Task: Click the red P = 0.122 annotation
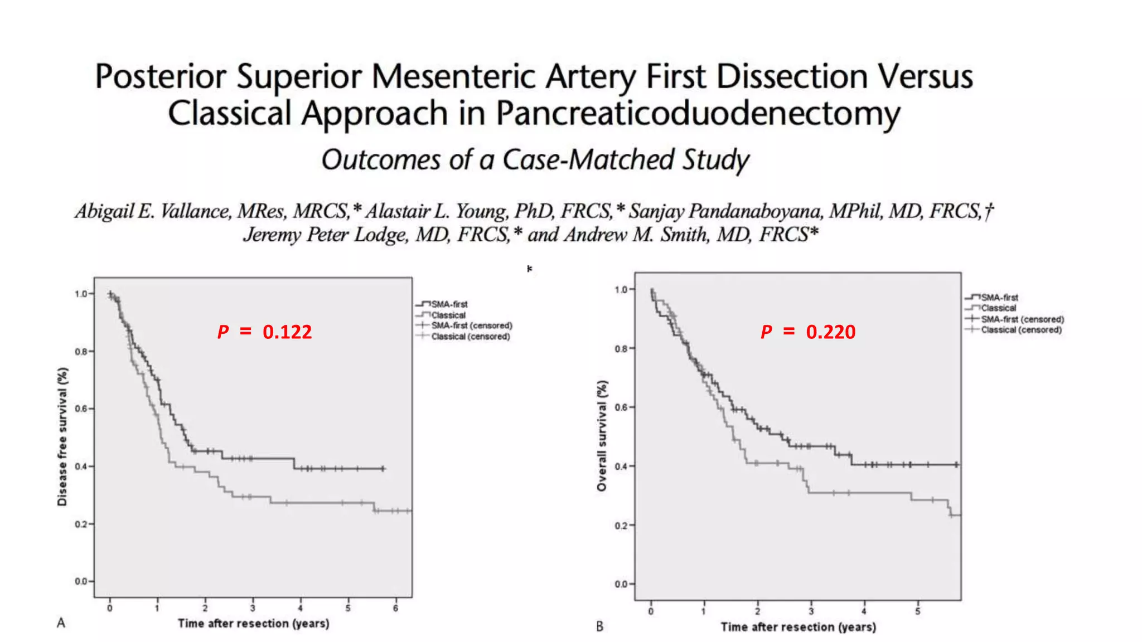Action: [x=264, y=332]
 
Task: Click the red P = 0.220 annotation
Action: [x=807, y=332]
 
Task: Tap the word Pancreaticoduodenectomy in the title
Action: [x=698, y=113]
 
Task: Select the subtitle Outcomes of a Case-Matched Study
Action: [x=535, y=160]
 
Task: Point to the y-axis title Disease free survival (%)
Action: [x=62, y=436]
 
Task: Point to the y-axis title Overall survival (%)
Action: [x=601, y=436]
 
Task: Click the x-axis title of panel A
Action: [x=253, y=623]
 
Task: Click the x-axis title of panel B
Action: [x=798, y=627]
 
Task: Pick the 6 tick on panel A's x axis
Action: [x=395, y=608]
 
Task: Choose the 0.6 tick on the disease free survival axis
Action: [x=81, y=409]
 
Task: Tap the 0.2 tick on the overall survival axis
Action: [x=621, y=526]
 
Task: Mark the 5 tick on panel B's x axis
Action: [x=917, y=611]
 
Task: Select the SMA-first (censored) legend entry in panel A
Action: [x=471, y=325]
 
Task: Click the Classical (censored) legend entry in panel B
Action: [x=1021, y=330]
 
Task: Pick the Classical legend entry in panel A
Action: [x=448, y=315]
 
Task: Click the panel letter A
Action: [x=61, y=622]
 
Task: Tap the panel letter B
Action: [x=599, y=626]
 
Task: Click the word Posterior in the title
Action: [x=161, y=76]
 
